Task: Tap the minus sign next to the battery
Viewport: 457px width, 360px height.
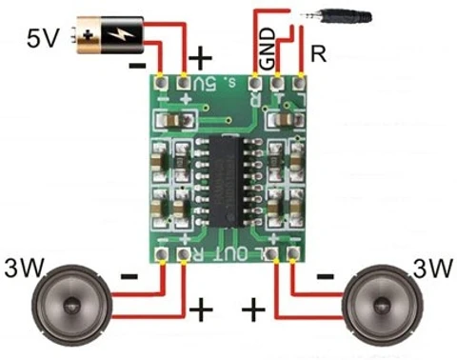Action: (x=137, y=66)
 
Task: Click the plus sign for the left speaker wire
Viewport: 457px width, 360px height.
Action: (x=200, y=310)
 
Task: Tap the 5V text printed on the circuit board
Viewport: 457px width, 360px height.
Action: (x=203, y=86)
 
